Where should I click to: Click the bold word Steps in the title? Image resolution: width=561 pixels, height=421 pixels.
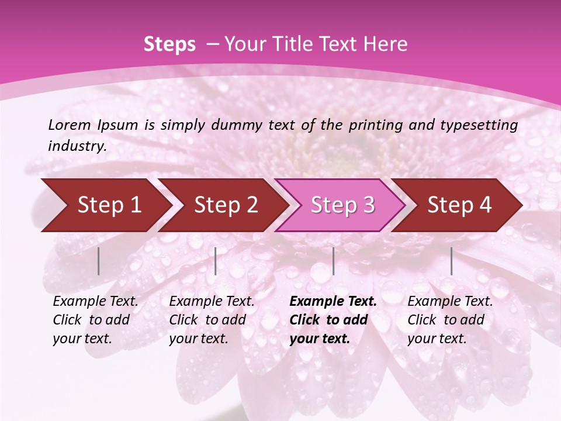169,44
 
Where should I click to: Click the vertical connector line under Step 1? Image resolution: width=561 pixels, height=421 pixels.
99,261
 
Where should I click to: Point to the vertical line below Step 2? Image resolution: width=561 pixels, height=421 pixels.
216,261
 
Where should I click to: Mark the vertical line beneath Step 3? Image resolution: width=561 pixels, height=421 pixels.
333,261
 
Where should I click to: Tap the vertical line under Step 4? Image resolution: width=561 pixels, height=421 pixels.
451,261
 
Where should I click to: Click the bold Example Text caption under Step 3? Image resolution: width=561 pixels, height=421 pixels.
333,320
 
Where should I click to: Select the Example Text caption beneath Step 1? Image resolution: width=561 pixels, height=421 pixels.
95,320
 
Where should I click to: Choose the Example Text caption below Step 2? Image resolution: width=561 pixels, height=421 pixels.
212,320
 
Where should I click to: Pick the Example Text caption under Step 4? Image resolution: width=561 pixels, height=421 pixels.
450,320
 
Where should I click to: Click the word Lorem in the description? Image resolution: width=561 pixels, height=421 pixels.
70,125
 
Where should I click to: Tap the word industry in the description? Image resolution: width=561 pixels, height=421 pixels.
77,146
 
